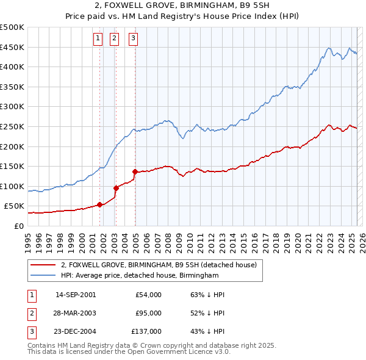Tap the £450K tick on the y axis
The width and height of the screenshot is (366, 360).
coord(12,47)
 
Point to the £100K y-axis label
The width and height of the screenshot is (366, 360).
coord(12,186)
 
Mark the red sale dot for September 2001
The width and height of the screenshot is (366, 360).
coord(99,204)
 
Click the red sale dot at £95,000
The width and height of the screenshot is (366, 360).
coord(116,188)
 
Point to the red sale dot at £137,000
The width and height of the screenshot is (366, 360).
coord(135,171)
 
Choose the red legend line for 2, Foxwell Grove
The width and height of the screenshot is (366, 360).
coord(43,265)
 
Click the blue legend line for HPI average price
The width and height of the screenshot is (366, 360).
coord(43,276)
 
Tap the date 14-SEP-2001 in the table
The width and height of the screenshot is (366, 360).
coord(76,295)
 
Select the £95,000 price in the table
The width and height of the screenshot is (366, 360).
coord(148,313)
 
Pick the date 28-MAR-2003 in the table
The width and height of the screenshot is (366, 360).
coord(76,313)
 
